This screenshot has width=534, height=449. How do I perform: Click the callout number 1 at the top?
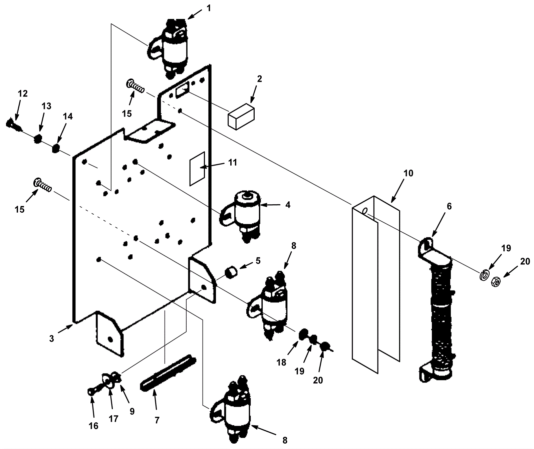pyautogui.click(x=209, y=8)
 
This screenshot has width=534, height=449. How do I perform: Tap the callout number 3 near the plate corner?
pyautogui.click(x=51, y=339)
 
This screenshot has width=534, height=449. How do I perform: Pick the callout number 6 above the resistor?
pyautogui.click(x=449, y=207)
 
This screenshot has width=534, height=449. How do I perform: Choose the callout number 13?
pyautogui.click(x=46, y=106)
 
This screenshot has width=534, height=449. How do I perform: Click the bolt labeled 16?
pyautogui.click(x=92, y=391)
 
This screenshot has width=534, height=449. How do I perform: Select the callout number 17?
pyautogui.click(x=114, y=418)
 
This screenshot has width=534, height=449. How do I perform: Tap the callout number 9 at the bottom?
pyautogui.click(x=132, y=411)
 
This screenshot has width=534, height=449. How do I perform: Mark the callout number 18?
pyautogui.click(x=281, y=362)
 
